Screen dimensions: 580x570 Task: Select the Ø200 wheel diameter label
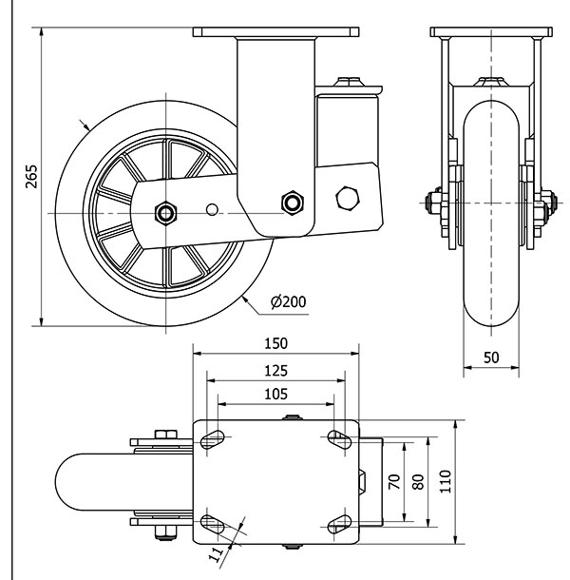pos(288,302)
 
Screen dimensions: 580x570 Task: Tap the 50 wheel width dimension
pos(490,358)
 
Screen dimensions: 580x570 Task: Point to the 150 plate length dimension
pos(275,343)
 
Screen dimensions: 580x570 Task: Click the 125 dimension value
pos(275,370)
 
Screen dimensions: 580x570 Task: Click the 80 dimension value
pos(418,481)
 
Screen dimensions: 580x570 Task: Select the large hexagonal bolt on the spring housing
pos(347,199)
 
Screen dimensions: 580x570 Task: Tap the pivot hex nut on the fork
pos(292,202)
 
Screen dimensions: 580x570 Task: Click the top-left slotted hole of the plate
pos(214,438)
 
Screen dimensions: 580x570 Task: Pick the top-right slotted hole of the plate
pos(337,438)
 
